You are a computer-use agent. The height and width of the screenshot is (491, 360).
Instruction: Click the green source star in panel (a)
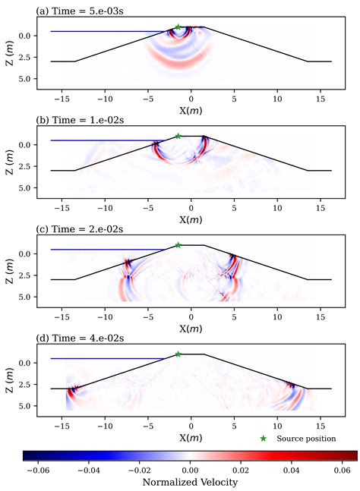click(x=178, y=27)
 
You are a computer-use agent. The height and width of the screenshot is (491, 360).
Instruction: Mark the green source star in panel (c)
click(x=178, y=245)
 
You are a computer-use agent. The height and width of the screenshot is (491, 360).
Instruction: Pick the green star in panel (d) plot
click(x=178, y=354)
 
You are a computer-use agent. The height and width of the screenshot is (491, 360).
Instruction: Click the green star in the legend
click(x=264, y=438)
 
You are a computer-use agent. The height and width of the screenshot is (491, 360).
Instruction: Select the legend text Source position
click(x=306, y=438)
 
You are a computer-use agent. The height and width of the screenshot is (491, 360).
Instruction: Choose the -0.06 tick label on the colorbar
click(x=36, y=470)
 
